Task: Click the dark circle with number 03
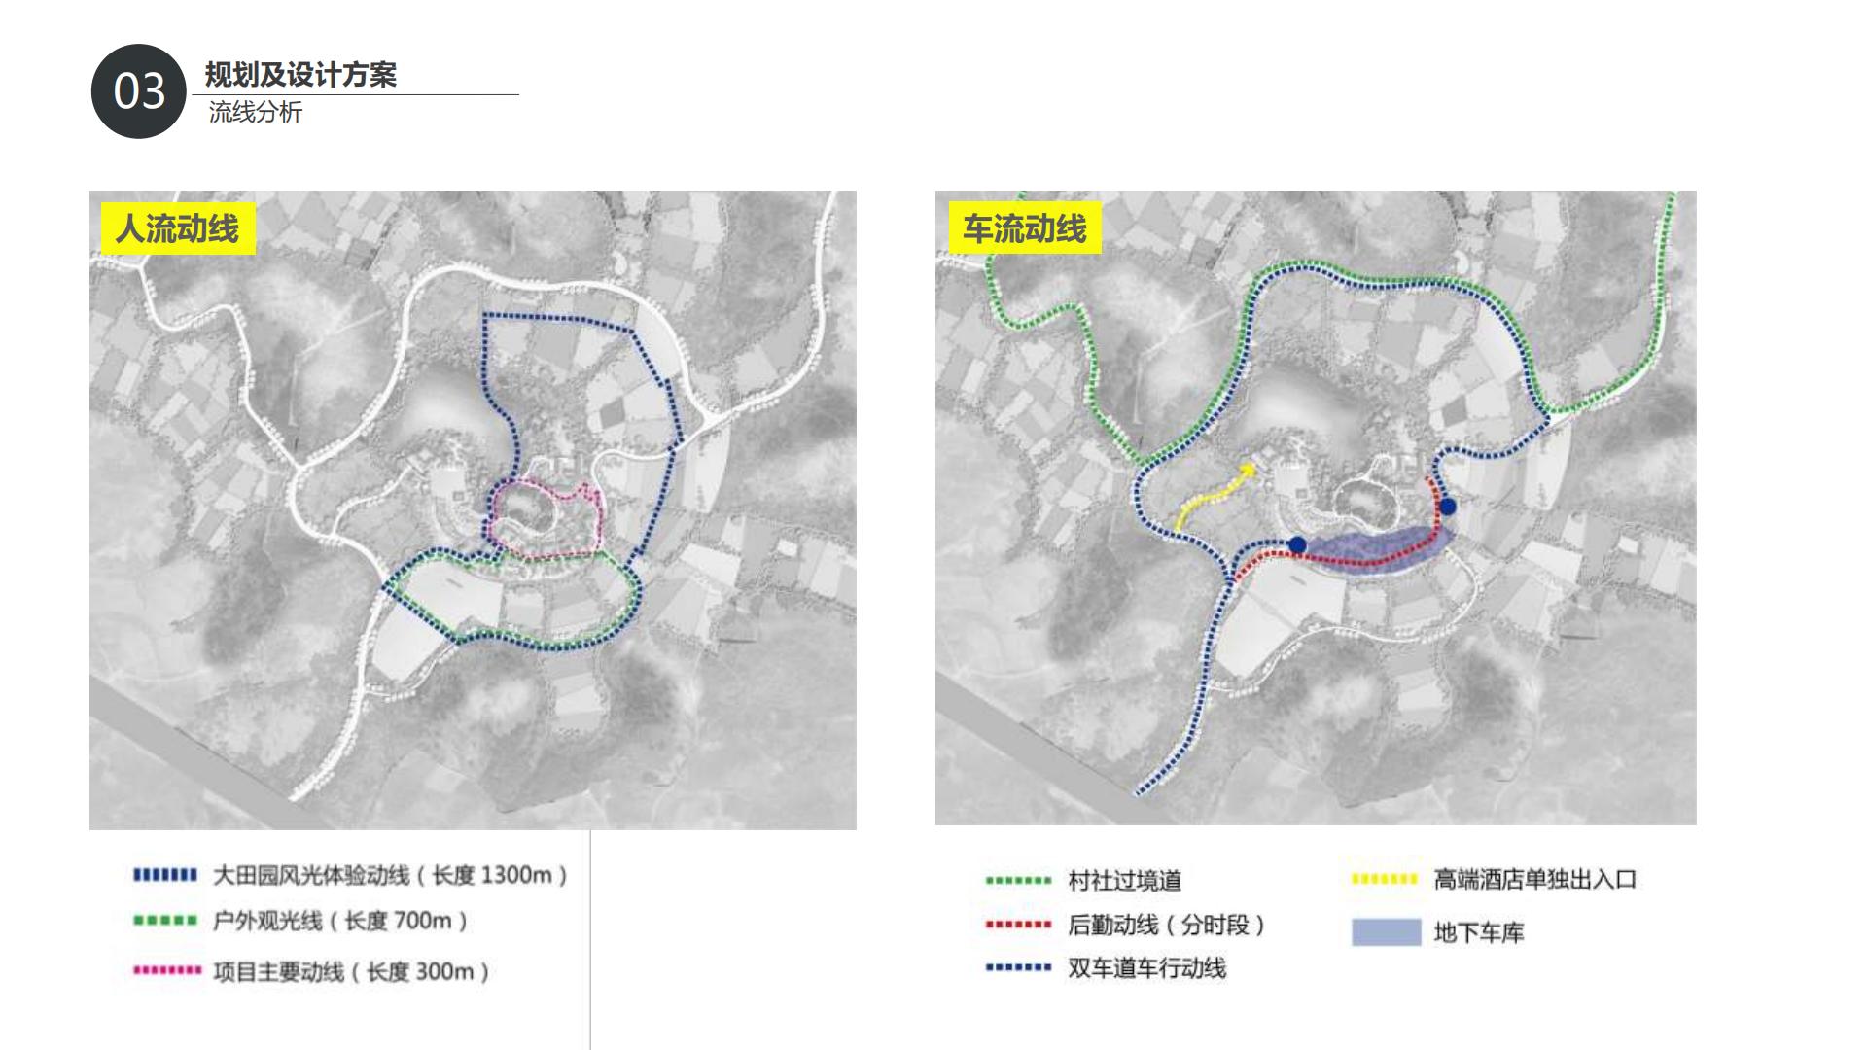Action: point(138,91)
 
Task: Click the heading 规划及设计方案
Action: point(300,75)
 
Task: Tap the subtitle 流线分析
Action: point(255,113)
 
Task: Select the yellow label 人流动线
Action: point(177,228)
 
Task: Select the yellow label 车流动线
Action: point(1024,228)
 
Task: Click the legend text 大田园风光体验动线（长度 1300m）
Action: point(390,875)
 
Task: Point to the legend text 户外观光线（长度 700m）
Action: point(340,920)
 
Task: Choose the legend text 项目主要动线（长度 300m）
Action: point(351,971)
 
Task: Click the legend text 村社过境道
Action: point(1124,881)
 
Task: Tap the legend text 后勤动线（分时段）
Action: point(1166,925)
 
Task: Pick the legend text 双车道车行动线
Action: point(1146,968)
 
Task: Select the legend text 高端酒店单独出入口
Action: point(1534,880)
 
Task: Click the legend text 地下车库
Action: point(1478,933)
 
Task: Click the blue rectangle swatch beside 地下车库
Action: point(1386,932)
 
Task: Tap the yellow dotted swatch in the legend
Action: point(1385,880)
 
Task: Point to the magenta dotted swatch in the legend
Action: point(167,970)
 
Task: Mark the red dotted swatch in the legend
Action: point(1018,925)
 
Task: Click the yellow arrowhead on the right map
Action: point(1248,471)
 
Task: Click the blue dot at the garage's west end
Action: point(1297,544)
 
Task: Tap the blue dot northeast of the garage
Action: point(1448,507)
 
